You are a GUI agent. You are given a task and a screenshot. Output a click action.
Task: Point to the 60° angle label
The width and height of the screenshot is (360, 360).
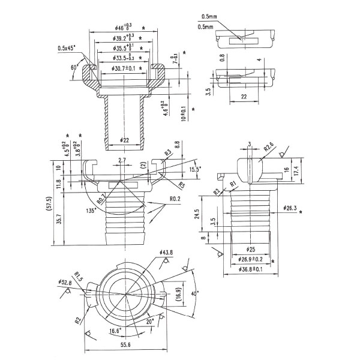(x=74, y=68)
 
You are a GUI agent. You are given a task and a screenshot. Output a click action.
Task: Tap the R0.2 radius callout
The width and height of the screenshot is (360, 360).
(x=176, y=199)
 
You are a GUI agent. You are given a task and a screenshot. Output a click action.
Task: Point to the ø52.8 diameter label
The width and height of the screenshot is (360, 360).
(x=65, y=281)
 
